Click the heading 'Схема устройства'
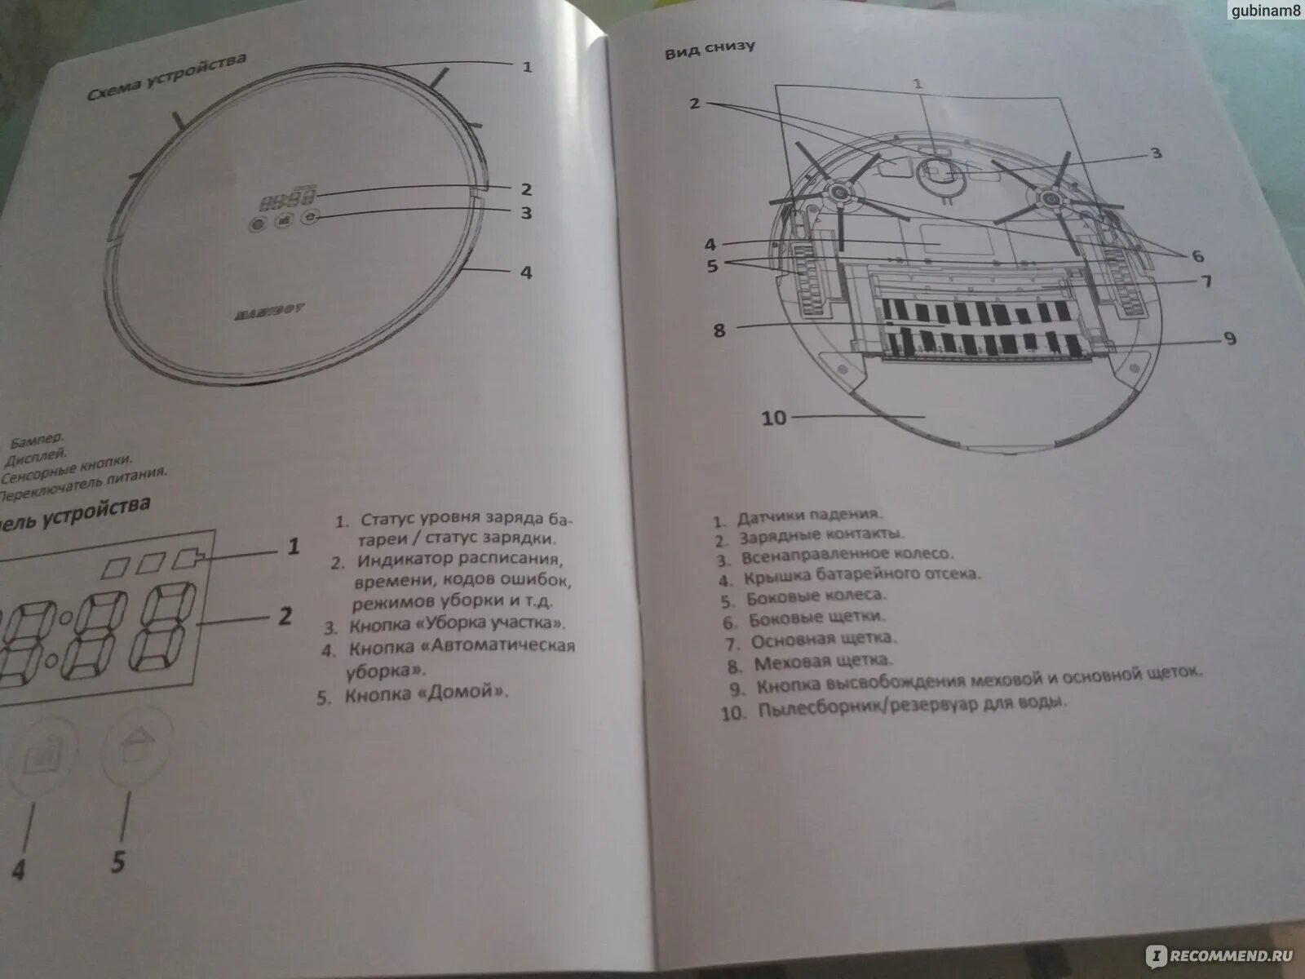click(x=166, y=78)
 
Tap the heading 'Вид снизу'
click(x=709, y=49)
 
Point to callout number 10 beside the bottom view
click(x=773, y=418)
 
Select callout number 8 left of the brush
click(x=719, y=330)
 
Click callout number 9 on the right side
click(x=1229, y=338)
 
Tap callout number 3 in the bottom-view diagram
click(x=1156, y=153)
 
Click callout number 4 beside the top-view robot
click(x=526, y=272)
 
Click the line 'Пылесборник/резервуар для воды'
click(x=911, y=707)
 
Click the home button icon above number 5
click(x=137, y=745)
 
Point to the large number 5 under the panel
click(x=119, y=862)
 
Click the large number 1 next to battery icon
click(x=293, y=546)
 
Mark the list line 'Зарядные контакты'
click(x=821, y=537)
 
